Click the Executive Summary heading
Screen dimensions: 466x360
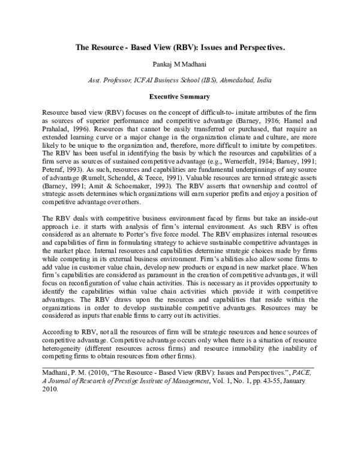[181, 95]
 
